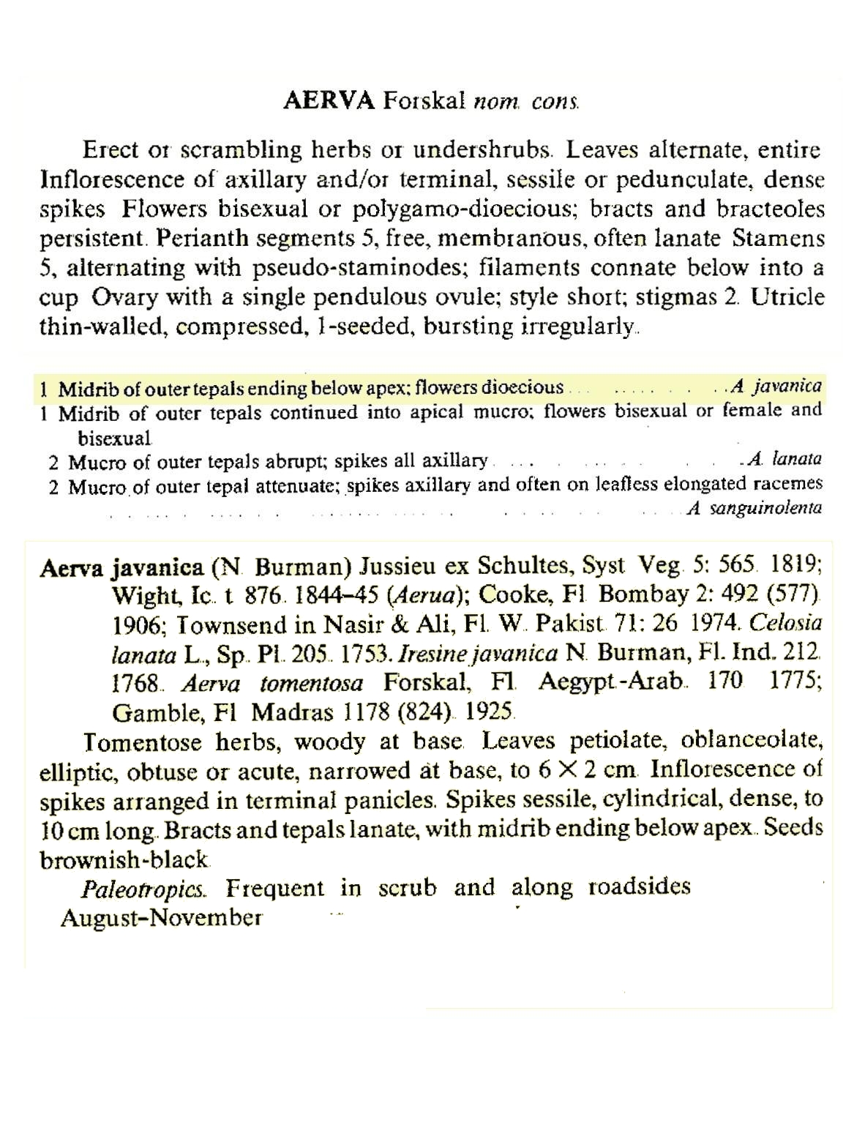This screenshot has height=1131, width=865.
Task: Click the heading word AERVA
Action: (329, 101)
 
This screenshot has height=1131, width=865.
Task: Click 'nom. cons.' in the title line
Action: (528, 102)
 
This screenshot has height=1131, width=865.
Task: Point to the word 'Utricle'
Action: (787, 297)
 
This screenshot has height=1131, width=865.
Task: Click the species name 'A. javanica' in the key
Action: (776, 386)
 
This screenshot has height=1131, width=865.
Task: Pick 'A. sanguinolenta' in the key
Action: (754, 508)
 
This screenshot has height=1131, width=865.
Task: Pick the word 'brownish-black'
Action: (124, 860)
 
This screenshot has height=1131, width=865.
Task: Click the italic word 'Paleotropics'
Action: (143, 889)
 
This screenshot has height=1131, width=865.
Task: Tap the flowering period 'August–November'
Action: (161, 918)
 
